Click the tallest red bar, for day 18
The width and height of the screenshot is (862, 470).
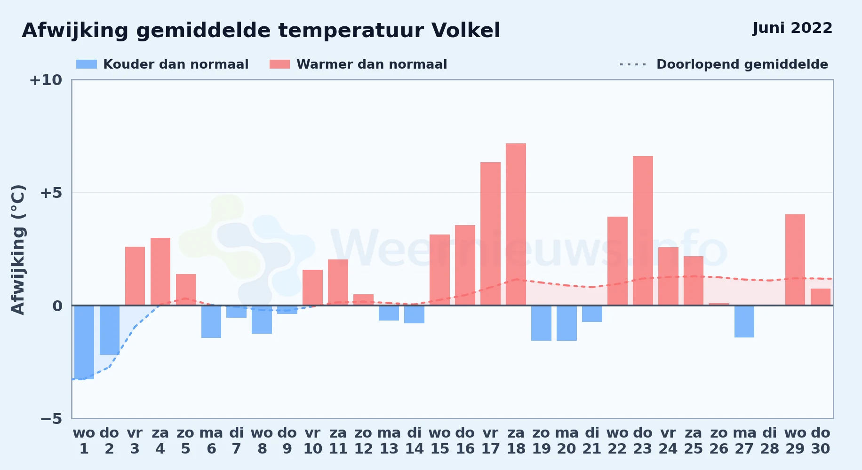[x=516, y=224]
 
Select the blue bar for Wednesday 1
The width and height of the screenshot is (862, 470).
[x=84, y=342]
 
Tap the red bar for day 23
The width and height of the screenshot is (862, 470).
[x=643, y=231]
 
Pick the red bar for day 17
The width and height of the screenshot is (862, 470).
[x=490, y=234]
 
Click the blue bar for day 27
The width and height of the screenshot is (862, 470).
[x=744, y=321]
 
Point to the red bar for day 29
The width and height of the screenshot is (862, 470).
[x=795, y=260]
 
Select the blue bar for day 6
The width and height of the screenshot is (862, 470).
[x=211, y=321]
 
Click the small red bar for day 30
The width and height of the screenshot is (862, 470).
[x=821, y=297]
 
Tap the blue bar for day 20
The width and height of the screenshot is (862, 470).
[x=567, y=323]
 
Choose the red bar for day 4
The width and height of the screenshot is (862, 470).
[x=160, y=272]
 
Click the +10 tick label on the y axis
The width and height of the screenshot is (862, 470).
[x=46, y=80]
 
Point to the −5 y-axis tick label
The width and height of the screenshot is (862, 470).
[x=51, y=419]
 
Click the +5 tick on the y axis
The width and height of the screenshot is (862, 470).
[x=51, y=193]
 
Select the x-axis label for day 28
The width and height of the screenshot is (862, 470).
[x=770, y=441]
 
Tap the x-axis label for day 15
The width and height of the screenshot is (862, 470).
[x=439, y=441]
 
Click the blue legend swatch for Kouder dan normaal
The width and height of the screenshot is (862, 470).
[x=87, y=64]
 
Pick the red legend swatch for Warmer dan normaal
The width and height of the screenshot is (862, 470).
[x=280, y=64]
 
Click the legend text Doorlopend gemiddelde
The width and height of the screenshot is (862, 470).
[x=742, y=64]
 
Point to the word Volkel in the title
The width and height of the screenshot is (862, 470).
[x=466, y=31]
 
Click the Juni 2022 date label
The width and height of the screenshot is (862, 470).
[x=792, y=28]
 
